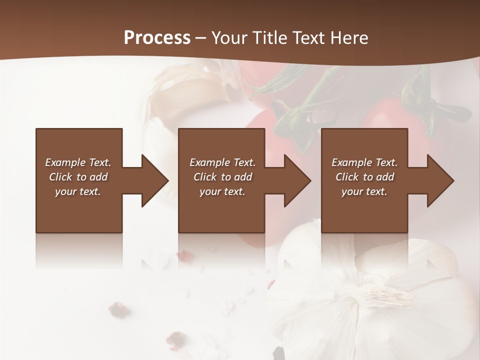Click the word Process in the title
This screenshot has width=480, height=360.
(x=157, y=38)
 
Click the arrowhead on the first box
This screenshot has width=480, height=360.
(x=150, y=180)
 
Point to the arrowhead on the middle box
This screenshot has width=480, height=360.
(x=293, y=180)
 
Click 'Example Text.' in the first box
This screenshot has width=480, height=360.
(x=78, y=162)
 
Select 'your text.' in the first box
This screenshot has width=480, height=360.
(x=78, y=191)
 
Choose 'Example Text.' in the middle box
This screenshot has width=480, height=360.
(x=222, y=162)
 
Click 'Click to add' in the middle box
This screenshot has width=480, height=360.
(x=222, y=177)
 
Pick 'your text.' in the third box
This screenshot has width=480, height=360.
(x=364, y=191)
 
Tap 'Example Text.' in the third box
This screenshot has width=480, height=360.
(x=364, y=162)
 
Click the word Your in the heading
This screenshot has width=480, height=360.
(x=228, y=38)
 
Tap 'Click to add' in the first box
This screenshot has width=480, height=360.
(x=78, y=177)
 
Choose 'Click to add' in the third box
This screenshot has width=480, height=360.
(x=364, y=177)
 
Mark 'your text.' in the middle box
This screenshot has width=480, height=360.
(x=222, y=191)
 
